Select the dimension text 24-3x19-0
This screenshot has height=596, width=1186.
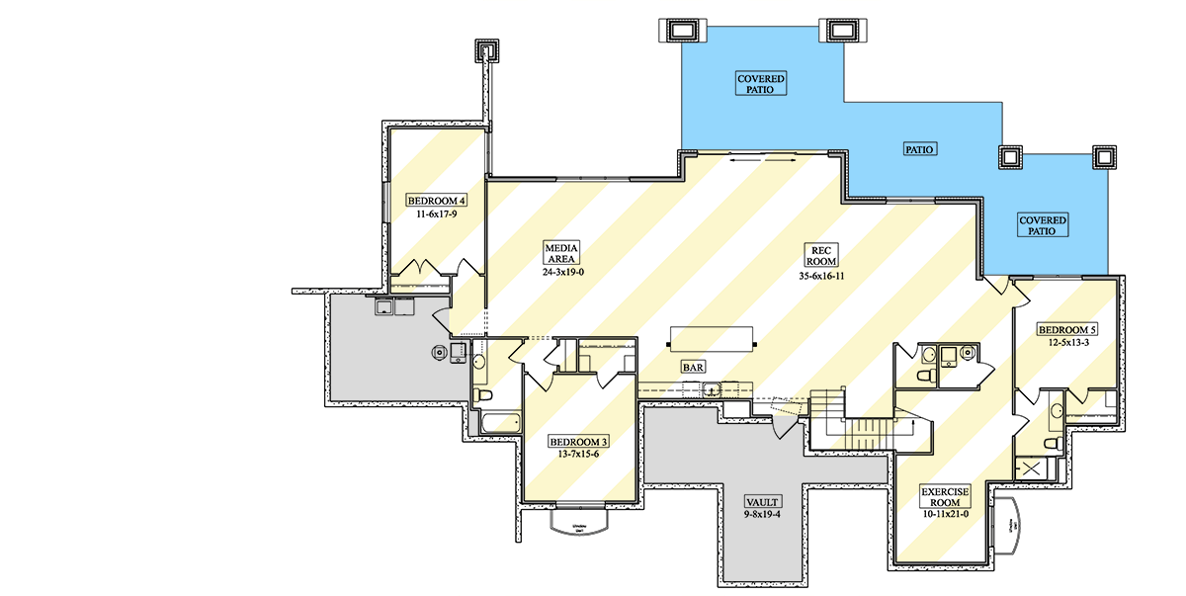[x=561, y=272]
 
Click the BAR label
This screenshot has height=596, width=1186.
[x=693, y=367]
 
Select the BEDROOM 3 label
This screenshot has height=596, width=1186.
[x=578, y=441]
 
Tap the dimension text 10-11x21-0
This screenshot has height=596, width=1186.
[x=945, y=514]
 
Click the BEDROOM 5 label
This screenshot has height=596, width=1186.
[x=1066, y=329]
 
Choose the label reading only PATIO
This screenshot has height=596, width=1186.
[x=919, y=149]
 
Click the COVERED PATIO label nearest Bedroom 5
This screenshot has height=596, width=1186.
[x=1044, y=225]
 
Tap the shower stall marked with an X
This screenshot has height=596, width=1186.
[x=1035, y=468]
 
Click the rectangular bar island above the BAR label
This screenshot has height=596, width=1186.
[x=714, y=337]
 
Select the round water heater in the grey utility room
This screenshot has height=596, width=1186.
[x=436, y=351]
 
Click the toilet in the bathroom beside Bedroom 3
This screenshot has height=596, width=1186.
[x=483, y=395]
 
